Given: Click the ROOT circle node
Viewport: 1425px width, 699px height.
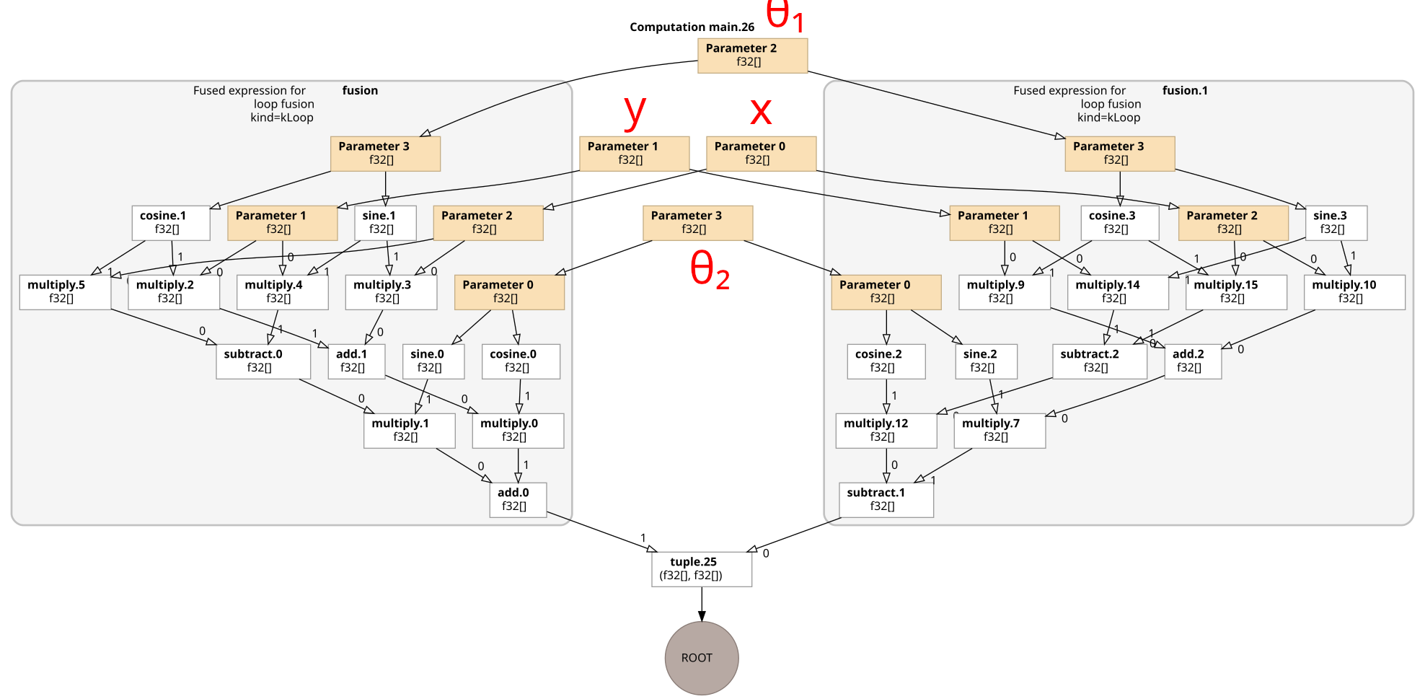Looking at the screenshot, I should point(701,658).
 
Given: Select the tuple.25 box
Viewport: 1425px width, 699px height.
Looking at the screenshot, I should point(701,569).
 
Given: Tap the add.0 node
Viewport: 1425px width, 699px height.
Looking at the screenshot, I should point(518,499).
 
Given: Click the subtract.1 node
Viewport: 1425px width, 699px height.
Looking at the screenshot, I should point(886,499).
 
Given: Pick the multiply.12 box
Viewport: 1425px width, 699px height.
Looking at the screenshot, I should point(886,430).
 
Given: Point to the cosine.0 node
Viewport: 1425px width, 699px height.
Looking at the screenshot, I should point(520,361).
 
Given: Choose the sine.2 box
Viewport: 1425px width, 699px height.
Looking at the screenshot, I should point(985,361).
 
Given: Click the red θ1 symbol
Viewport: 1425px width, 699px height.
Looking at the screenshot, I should point(785,15).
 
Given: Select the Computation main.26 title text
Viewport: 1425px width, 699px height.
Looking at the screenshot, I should point(692,27).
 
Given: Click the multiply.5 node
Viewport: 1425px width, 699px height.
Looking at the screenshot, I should point(65,291).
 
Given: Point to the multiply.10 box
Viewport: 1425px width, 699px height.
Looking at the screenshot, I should point(1354,291).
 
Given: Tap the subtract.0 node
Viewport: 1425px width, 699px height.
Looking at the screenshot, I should point(262,361).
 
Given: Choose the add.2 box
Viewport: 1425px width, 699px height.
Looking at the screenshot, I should point(1192,361).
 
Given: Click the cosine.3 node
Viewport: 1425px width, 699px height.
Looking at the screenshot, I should point(1119,222).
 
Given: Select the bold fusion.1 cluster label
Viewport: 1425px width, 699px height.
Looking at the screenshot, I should point(1184,91).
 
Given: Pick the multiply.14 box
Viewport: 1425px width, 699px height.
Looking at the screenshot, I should point(1117,291).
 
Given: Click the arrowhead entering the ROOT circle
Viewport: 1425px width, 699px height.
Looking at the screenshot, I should point(701,616).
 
